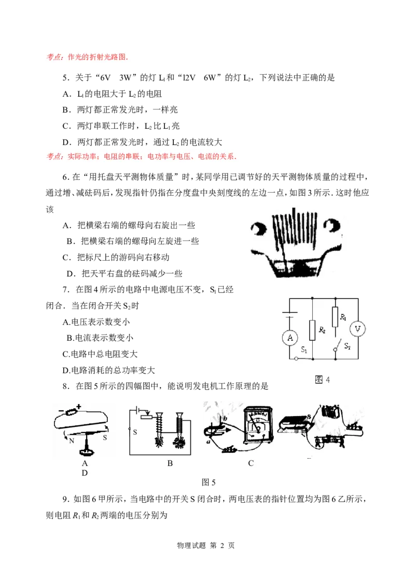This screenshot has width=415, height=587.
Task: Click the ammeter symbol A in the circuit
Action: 290,338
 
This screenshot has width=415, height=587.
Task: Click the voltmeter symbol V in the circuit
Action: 357,329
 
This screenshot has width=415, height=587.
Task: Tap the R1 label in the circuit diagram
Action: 343,317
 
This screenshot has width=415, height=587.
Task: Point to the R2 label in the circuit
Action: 322,330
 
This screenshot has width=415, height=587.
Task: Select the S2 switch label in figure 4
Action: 348,346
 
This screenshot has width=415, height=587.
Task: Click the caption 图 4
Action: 322,380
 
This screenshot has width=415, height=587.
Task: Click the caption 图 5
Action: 208,482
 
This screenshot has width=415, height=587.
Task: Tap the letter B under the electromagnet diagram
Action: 170,463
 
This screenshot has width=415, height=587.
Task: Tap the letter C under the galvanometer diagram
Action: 251,463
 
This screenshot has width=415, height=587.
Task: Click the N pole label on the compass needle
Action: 72,441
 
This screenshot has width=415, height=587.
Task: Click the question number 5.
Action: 66,78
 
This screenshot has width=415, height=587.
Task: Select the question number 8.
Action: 66,386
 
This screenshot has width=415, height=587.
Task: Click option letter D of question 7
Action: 66,370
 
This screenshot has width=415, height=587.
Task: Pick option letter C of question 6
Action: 66,258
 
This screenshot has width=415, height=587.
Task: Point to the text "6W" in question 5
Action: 210,78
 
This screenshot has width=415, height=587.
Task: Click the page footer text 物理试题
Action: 191,545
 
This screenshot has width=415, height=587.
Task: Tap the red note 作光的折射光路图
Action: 98,57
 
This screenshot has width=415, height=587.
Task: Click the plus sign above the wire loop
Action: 78,406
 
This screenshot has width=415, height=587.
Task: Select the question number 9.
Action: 66,499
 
